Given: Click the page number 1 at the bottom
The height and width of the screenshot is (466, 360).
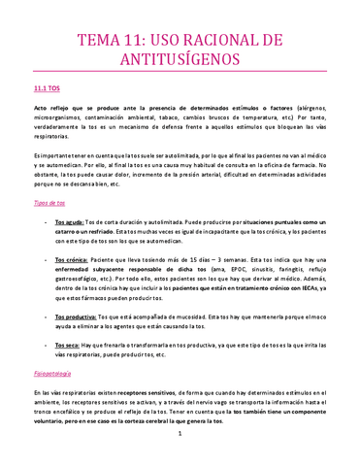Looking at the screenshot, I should tap(180, 448).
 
